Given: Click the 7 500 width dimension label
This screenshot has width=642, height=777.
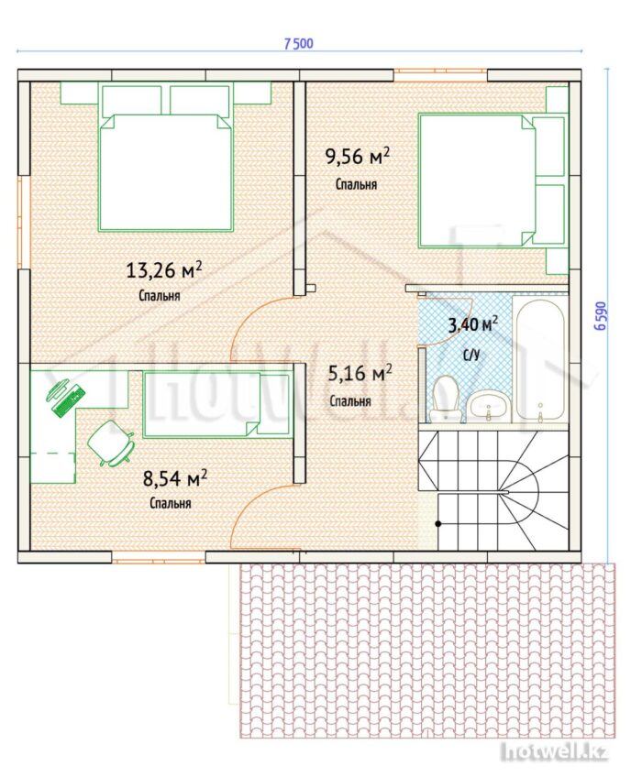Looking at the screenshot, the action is click(x=299, y=44).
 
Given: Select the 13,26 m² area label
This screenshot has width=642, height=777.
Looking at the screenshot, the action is click(x=164, y=270).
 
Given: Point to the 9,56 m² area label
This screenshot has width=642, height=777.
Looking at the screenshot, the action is click(x=357, y=156).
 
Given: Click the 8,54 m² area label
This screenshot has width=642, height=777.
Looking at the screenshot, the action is click(x=174, y=478).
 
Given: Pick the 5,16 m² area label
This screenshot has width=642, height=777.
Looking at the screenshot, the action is click(x=360, y=373).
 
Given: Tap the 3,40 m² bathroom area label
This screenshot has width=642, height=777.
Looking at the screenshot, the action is click(x=473, y=324).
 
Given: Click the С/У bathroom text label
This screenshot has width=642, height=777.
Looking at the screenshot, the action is click(x=471, y=355).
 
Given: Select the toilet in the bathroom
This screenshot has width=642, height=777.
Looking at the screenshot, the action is click(x=444, y=399).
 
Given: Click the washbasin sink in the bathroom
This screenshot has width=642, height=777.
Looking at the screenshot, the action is click(x=487, y=405).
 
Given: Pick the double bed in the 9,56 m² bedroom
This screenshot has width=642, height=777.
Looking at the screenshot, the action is click(x=493, y=180).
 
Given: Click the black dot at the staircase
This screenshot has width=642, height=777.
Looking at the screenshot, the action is click(x=438, y=523).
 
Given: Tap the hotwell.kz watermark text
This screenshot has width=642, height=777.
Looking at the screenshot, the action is click(x=554, y=752).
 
